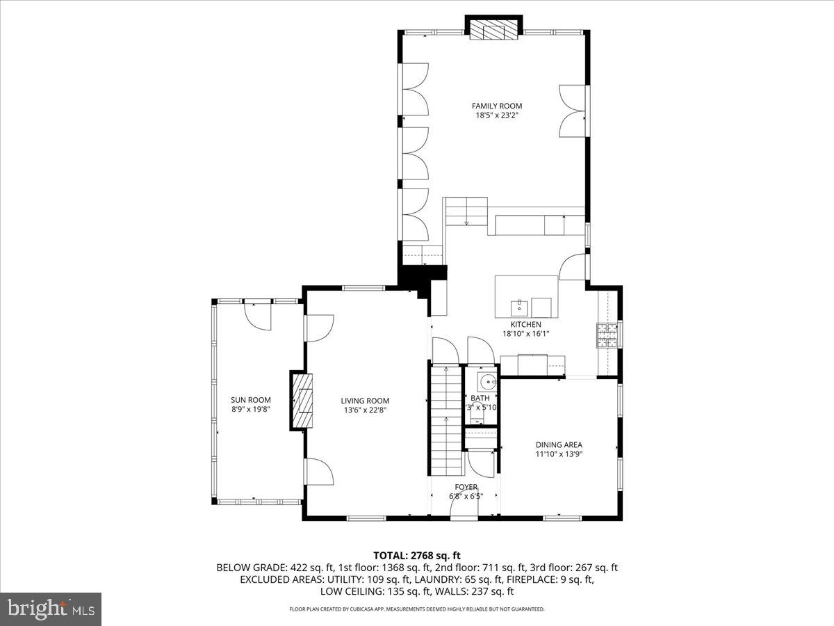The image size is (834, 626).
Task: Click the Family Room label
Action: coord(496,106)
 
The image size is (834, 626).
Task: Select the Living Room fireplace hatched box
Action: coord(302,401)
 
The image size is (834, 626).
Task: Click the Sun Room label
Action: coord(250,400)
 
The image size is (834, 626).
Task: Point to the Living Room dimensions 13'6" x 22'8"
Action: coord(364,410)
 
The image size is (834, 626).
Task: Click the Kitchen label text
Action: coord(525,324)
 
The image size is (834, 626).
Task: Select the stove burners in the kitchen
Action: coord(604,335)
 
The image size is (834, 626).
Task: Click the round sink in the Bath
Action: coord(488,381)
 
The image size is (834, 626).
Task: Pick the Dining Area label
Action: coord(559,445)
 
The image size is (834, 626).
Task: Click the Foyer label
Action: coord(466,487)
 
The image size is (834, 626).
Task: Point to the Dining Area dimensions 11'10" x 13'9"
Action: coord(559,454)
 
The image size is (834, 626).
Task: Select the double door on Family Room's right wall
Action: coord(574,110)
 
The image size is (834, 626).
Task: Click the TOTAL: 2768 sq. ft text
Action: coord(417,555)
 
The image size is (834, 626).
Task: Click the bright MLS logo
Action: coord(51,609)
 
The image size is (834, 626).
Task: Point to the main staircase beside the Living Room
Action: coord(446,417)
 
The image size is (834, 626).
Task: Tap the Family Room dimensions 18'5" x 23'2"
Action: coord(496,115)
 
